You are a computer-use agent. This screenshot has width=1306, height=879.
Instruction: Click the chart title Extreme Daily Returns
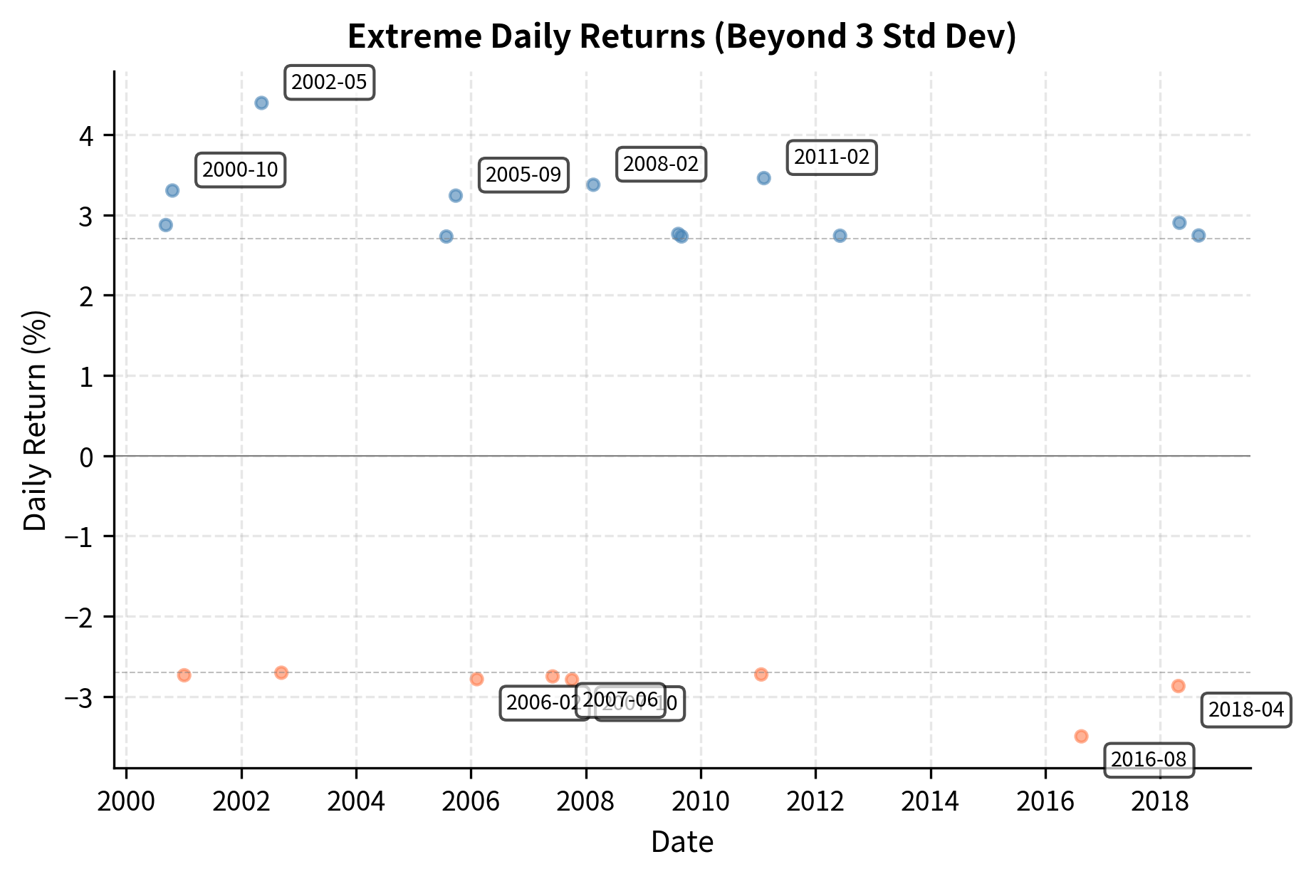tap(681, 37)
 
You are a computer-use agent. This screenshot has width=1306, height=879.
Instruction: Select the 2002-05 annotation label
tap(329, 83)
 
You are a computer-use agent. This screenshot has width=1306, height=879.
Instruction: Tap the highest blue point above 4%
tap(261, 103)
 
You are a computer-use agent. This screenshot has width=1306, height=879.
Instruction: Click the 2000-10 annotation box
tap(240, 170)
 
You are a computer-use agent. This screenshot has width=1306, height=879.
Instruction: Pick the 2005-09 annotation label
tap(523, 175)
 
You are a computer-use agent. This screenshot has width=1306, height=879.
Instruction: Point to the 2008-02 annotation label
tap(661, 164)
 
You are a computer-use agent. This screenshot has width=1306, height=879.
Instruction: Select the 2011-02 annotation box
tap(831, 157)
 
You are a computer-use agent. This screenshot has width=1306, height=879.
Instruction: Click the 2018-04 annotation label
tap(1246, 709)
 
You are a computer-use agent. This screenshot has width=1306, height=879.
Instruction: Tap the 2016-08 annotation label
tap(1149, 759)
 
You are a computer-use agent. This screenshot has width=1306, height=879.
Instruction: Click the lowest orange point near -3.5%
tap(1081, 736)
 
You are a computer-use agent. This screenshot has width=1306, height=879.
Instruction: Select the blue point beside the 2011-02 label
tap(763, 178)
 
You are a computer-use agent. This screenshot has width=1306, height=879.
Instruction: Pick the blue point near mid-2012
tap(840, 236)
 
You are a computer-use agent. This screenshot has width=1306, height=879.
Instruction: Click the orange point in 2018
tap(1178, 686)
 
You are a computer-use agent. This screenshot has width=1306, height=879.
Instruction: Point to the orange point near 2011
tap(761, 674)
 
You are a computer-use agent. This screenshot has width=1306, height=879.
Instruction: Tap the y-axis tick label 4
tap(86, 135)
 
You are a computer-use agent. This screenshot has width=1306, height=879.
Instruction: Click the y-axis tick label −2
tap(79, 617)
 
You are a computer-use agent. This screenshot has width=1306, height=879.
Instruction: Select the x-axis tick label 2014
tap(930, 802)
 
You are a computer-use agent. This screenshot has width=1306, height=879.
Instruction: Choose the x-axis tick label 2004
tap(355, 802)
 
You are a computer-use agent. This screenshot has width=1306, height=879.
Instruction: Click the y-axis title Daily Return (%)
tap(36, 420)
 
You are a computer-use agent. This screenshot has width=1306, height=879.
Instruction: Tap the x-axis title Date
tap(681, 842)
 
